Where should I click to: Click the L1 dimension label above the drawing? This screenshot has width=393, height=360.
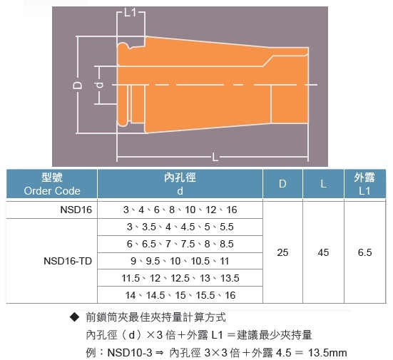pos(130,12)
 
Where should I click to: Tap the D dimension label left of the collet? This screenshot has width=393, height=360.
pos(77,85)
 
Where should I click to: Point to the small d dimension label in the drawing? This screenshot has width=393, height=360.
pos(100,85)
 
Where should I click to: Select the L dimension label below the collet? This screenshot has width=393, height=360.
pos(215,158)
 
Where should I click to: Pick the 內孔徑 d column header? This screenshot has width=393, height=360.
pos(180,184)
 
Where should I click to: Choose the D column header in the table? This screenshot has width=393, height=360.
pos(282,184)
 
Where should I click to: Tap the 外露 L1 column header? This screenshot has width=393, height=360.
pos(364,184)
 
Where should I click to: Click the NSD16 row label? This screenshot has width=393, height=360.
pos(76,210)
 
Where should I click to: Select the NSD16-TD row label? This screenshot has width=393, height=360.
pos(68,261)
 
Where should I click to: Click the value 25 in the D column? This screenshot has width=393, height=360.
pos(282,252)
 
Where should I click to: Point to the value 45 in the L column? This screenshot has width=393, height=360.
pos(323,252)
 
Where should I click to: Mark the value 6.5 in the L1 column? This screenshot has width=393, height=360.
pos(364,252)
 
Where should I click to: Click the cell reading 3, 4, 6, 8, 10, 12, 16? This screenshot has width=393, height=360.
pos(180,210)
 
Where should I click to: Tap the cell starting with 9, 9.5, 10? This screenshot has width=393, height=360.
pos(180,261)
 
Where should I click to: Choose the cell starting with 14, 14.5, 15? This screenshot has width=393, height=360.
pos(180,295)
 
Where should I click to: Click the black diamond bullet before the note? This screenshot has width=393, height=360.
pos(74,317)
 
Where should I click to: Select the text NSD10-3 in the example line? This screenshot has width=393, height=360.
pos(130,353)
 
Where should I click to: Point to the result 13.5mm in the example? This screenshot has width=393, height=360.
pos(327,353)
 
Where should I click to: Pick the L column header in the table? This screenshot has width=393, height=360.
pos(323,184)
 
